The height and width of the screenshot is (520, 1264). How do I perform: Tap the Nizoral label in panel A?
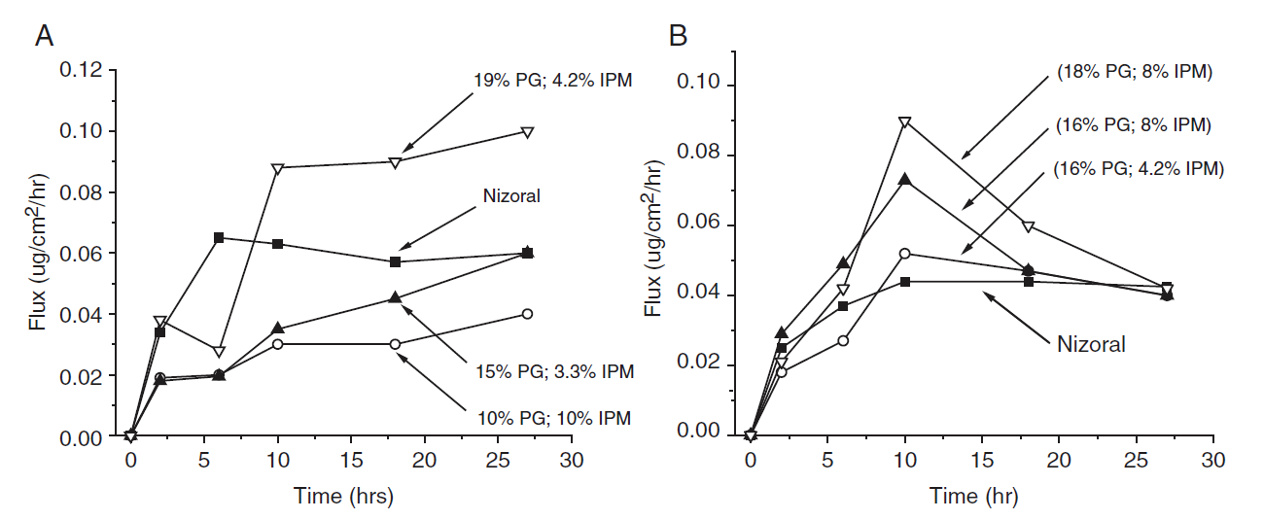pos(510,196)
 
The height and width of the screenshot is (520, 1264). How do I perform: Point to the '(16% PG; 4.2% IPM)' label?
pos(1139,168)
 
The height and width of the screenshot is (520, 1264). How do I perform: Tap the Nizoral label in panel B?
pos(1091,343)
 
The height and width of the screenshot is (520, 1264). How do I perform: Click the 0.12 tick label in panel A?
pos(81,70)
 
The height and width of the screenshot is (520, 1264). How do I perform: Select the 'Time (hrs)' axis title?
pos(343,497)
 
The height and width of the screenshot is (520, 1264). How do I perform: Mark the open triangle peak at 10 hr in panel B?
pos(905,122)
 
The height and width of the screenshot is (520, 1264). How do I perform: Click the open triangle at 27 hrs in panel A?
pos(527,132)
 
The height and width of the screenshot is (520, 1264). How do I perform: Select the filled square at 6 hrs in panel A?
pos(219,237)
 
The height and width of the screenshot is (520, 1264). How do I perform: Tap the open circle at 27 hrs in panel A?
pos(527,314)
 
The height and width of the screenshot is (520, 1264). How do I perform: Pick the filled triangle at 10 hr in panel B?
pos(905,179)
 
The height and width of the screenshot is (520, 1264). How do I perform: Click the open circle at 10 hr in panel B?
pos(905,254)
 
